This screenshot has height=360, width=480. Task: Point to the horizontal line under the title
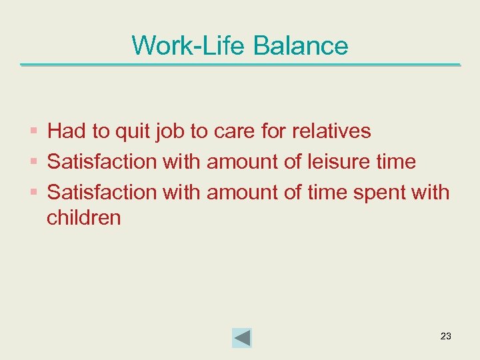click(x=240, y=65)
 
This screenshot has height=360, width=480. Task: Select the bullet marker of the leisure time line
click(x=35, y=162)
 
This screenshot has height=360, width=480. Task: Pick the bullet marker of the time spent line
click(x=35, y=193)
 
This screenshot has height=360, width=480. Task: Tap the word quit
click(x=133, y=131)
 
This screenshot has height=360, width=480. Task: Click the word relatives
click(x=331, y=131)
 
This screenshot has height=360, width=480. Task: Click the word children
click(x=84, y=218)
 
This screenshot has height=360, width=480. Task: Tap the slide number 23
click(x=446, y=336)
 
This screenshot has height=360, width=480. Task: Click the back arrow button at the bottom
click(x=242, y=337)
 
